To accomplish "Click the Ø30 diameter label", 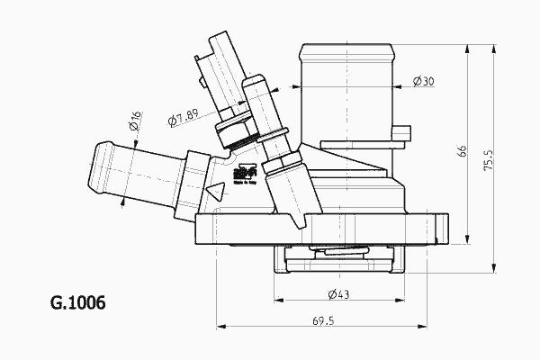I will point(424,82).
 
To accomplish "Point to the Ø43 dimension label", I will point(327,294).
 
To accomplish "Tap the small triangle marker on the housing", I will point(215,192).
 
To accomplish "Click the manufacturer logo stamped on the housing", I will point(240,172).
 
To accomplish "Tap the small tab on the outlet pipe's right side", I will point(406,133).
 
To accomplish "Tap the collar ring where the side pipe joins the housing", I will point(193,175).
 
